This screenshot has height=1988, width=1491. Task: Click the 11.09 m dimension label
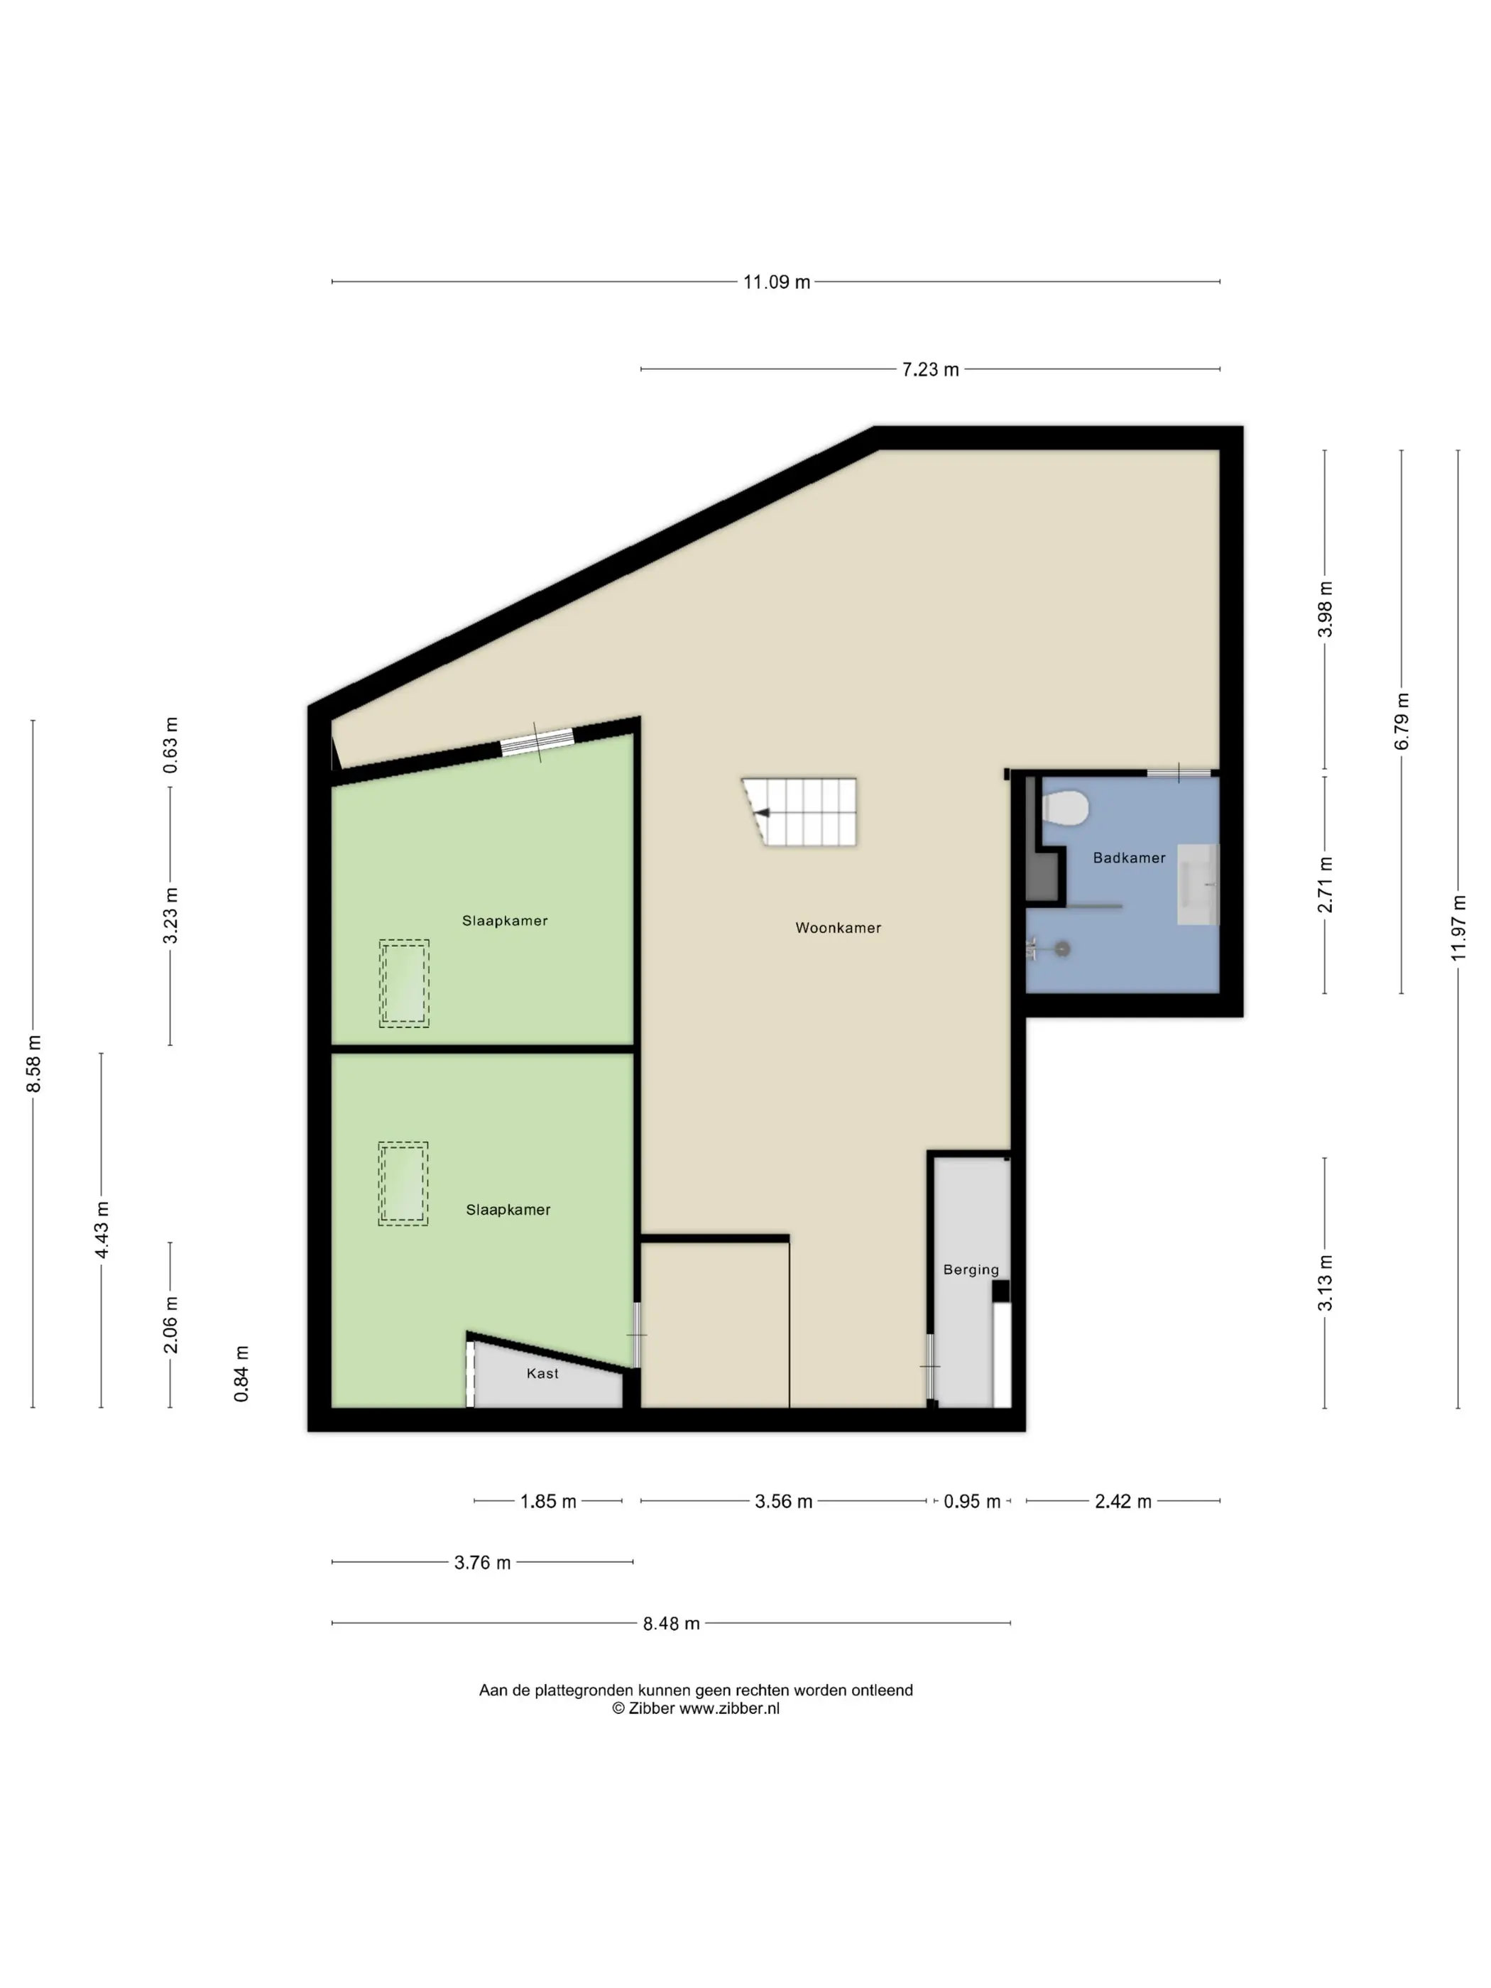coord(777,282)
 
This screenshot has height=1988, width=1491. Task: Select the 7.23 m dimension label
coord(930,369)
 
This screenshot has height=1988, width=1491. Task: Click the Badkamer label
coord(1129,858)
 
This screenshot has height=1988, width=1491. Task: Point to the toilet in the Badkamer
coord(1065,807)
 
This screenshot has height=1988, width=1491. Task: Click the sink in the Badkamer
coord(1197,885)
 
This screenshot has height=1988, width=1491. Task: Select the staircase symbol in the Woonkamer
coord(799,812)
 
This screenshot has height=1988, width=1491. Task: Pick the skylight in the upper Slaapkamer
coord(403,983)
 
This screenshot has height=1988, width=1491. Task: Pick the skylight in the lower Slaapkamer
coord(403,1184)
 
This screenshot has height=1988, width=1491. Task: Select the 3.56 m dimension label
coord(784,1502)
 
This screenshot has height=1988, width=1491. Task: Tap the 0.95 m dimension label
coord(971,1502)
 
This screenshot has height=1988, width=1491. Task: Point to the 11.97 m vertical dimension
coord(1458,929)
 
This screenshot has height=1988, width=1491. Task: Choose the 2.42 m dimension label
coord(1123,1502)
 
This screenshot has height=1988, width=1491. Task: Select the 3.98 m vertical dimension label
coord(1325,609)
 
